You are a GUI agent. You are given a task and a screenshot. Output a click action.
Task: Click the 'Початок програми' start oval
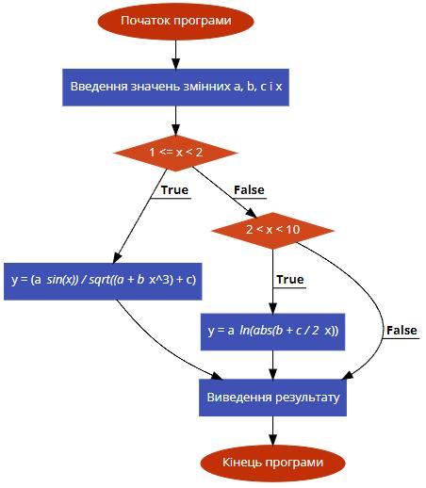pos(175,22)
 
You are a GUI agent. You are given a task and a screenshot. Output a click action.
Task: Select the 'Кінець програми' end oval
pos(272,463)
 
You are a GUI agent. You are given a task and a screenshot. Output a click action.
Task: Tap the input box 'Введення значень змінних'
pos(175,88)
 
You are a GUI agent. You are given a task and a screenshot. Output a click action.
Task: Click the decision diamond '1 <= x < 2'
pos(175,153)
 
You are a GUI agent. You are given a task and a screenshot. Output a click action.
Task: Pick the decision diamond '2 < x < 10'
pos(272,230)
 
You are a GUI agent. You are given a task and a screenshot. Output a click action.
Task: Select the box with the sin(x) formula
pos(103,282)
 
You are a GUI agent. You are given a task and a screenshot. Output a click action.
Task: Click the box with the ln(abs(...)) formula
pos(272,332)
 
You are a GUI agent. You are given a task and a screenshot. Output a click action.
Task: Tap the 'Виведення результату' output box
pos(272,398)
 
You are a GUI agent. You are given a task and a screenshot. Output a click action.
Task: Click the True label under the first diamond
pos(174,190)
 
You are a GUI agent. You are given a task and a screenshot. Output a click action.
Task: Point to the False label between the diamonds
pos(249,190)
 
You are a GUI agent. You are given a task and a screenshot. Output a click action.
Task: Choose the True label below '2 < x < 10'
pos(290,280)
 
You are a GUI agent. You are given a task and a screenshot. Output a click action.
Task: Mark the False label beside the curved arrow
pos(401,331)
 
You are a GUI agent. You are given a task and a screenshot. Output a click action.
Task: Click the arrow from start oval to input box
pos(175,55)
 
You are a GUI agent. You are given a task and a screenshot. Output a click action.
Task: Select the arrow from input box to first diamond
pos(175,121)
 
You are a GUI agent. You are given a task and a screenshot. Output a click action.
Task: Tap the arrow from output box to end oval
pos(272,431)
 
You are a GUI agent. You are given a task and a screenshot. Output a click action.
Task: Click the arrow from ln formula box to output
pos(272,365)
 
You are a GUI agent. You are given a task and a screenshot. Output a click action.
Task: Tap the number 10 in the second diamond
pos(292,230)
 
